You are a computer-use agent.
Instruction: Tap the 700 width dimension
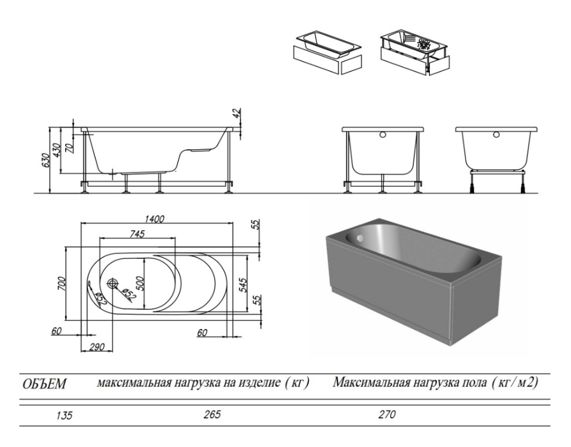tap(62, 284)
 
